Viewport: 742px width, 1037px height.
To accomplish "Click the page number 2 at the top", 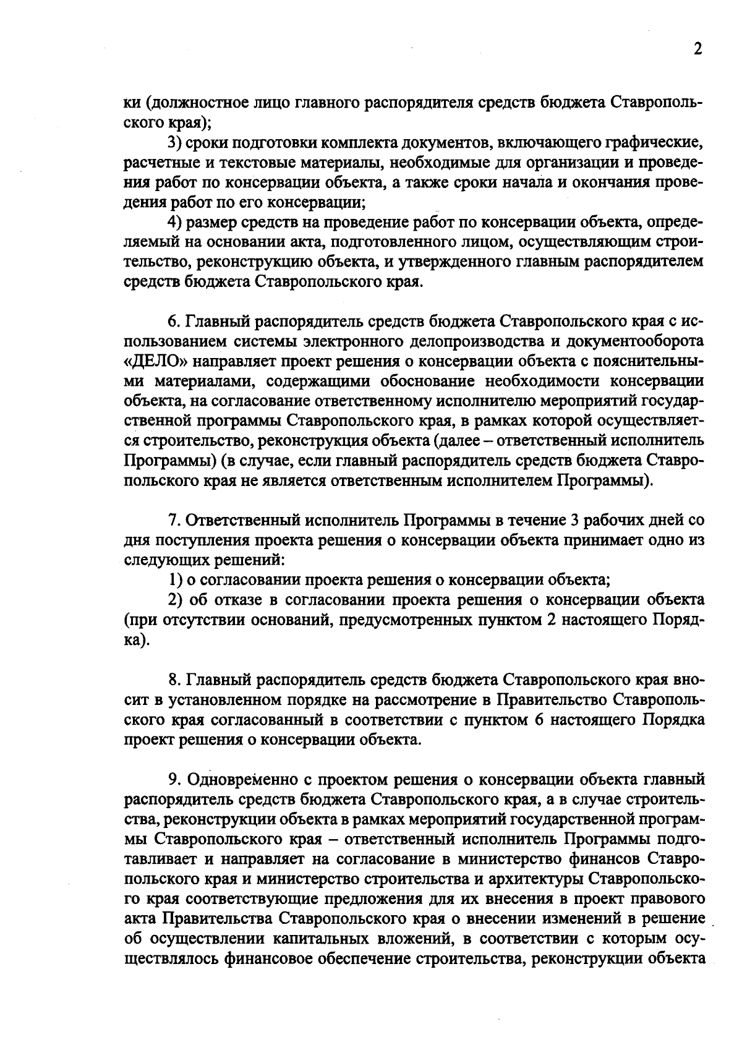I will click(x=697, y=49).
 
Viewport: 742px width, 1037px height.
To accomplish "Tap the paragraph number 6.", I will click(x=173, y=322).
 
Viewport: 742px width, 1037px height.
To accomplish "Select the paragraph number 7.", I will click(x=173, y=520).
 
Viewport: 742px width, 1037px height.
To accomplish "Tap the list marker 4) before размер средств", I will click(x=175, y=222).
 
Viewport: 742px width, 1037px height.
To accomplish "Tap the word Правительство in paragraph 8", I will click(x=549, y=700).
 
